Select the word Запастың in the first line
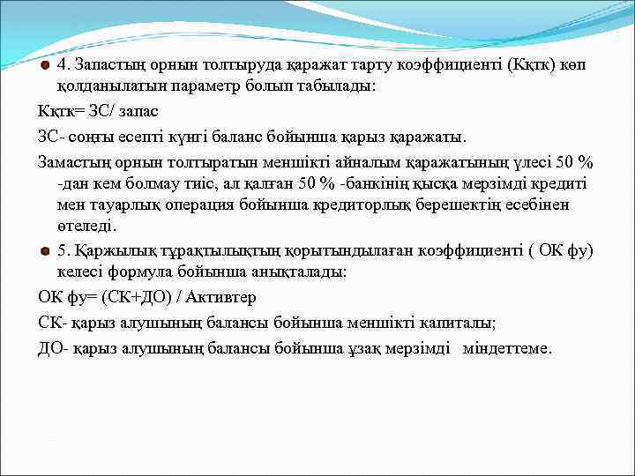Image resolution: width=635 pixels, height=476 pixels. click(109, 66)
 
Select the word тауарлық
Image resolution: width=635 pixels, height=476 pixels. click(119, 205)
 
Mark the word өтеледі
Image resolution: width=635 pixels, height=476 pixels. click(86, 227)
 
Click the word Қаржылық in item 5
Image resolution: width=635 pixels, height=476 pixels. click(108, 250)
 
